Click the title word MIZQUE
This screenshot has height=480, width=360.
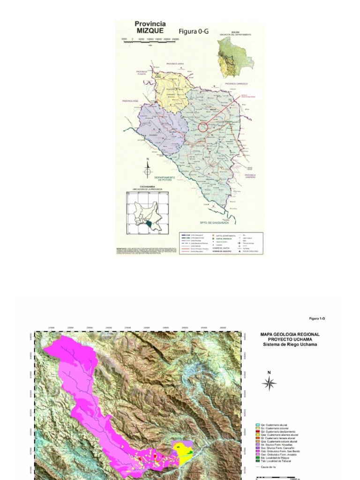pos(150,30)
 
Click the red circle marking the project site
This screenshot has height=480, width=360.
pos(202,127)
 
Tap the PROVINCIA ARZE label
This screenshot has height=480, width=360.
pos(131,101)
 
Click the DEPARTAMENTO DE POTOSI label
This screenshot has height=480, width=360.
pos(166,179)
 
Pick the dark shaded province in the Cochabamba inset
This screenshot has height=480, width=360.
pos(149,225)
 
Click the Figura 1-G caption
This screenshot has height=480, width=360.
pos(317,318)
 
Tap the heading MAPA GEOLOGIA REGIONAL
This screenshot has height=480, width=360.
pos(290,334)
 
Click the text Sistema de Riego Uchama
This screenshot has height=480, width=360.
pos(290,345)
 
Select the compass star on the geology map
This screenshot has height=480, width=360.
pos(269,383)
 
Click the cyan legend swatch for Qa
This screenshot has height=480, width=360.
pos(257,425)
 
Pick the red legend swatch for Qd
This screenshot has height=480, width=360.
pos(257,431)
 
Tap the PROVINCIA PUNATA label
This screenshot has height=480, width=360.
pos(142,73)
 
